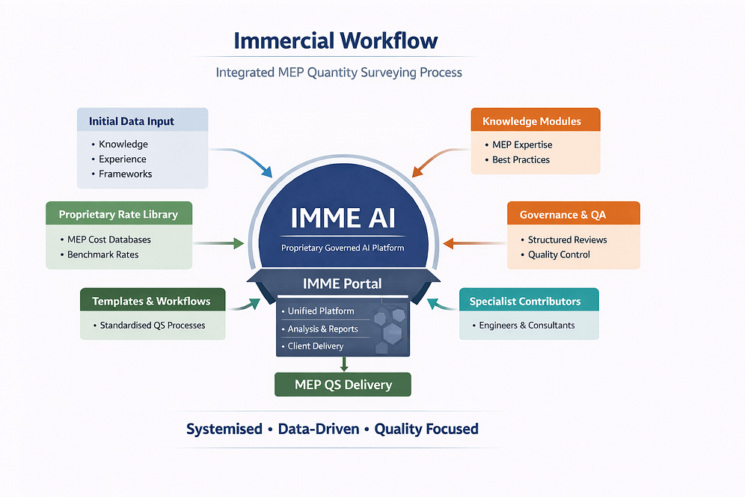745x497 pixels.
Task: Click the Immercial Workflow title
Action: coord(336,40)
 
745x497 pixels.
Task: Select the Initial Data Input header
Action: coord(132,121)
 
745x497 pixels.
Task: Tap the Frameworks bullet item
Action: coord(126,174)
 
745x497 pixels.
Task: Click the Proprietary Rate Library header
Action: coord(118,214)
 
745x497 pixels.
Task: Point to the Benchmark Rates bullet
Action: coord(103,254)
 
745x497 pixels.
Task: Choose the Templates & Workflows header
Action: coord(151,301)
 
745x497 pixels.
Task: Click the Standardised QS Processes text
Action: coord(153,326)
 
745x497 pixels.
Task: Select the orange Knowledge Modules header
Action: coord(532,121)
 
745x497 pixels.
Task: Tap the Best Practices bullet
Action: coord(521,159)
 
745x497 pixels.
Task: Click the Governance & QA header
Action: coord(562,215)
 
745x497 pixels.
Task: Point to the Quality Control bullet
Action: coord(559,254)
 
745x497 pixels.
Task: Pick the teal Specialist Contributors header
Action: coord(525,301)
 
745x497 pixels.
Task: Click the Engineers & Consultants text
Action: coord(527,325)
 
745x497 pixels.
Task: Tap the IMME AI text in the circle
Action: coord(343,218)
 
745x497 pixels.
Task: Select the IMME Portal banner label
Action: coord(343,284)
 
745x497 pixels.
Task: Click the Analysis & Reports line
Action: coord(323,329)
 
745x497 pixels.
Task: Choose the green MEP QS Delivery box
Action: coord(343,385)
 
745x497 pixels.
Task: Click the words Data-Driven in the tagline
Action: coord(318,429)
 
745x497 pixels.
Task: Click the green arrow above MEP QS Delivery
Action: coord(343,364)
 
